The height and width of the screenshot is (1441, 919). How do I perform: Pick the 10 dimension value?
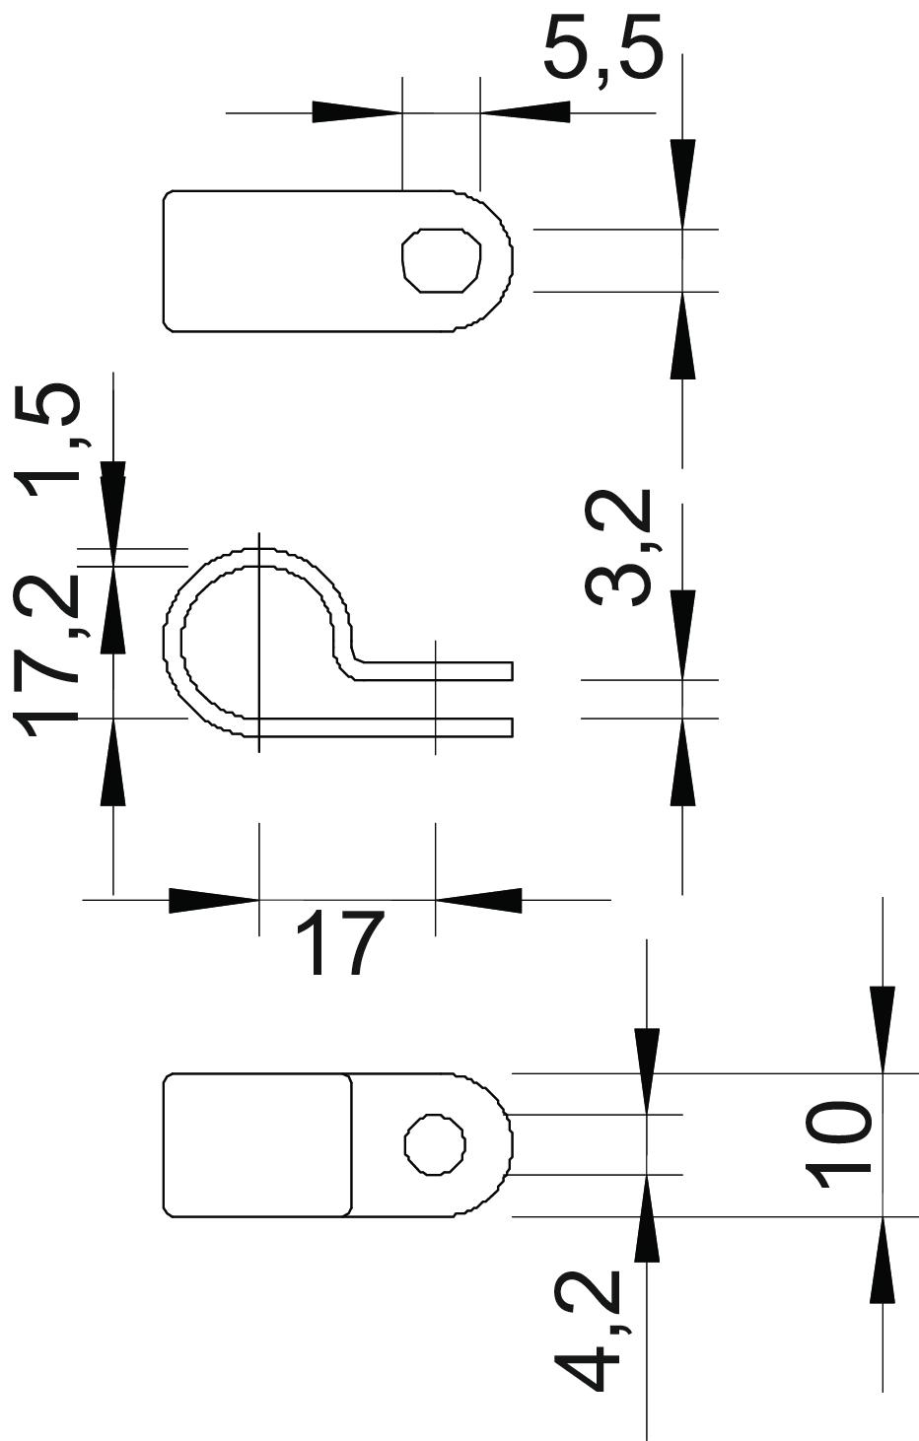coord(838,1145)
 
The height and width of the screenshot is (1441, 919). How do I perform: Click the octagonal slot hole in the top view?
coord(442,260)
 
